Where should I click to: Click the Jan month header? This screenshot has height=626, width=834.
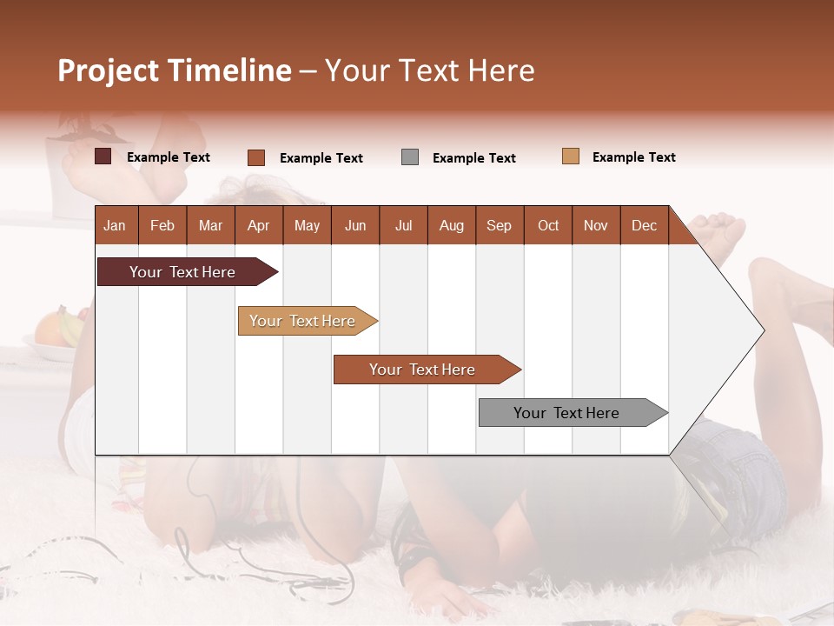point(115,225)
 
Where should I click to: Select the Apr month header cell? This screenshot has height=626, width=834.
point(259,225)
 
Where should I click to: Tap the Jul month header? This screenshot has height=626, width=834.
point(403,225)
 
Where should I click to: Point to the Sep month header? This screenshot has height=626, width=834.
point(500,225)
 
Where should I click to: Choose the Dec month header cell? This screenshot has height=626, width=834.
point(644,225)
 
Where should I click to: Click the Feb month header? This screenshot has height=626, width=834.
point(162,225)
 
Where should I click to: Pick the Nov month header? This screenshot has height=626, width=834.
point(596,225)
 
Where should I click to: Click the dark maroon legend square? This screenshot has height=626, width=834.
point(103,156)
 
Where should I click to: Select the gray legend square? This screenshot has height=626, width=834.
point(410,157)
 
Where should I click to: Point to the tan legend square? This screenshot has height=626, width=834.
point(571,156)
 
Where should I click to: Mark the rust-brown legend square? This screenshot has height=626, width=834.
point(256,157)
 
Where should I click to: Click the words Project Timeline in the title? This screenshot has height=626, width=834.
point(174,70)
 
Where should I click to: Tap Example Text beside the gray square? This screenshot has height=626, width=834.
point(473,158)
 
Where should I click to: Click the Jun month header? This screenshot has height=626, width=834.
point(355,225)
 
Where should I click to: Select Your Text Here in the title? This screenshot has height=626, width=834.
point(430,70)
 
